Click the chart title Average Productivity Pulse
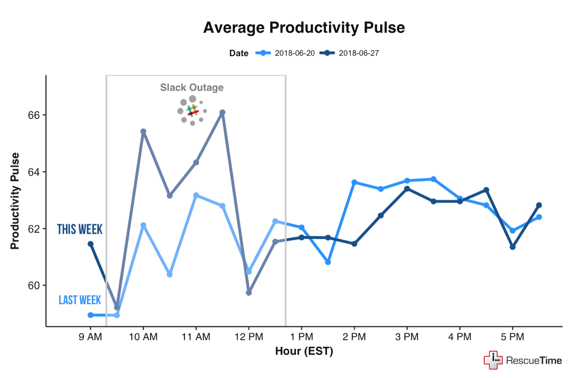(x=304, y=28)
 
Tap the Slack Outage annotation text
(x=192, y=87)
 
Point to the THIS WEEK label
(x=80, y=229)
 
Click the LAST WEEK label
(x=80, y=300)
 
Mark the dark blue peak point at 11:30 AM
(x=222, y=112)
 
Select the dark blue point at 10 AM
(x=143, y=131)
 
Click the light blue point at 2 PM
(x=354, y=182)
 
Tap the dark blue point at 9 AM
(x=90, y=244)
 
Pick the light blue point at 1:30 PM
(x=328, y=262)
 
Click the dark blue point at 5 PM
(x=512, y=247)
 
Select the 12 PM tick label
(x=249, y=338)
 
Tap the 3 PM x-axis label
(x=407, y=338)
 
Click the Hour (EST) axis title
(x=304, y=352)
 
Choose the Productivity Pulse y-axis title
(x=15, y=201)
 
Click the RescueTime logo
(x=522, y=360)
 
